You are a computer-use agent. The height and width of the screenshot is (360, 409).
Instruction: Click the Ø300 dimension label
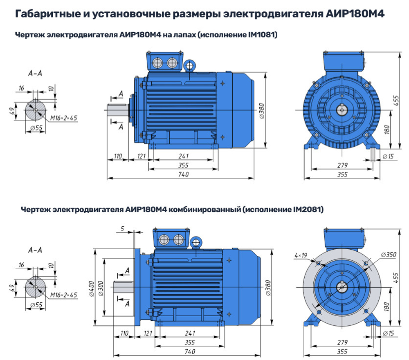click(x=100, y=288)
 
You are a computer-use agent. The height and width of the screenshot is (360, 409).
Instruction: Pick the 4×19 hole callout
click(x=300, y=256)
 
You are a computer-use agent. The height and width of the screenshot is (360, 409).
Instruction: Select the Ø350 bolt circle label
click(x=388, y=255)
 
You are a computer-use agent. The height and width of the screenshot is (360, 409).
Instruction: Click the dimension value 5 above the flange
click(x=122, y=228)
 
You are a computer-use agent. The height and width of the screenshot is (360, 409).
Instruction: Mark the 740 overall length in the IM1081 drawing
click(x=184, y=174)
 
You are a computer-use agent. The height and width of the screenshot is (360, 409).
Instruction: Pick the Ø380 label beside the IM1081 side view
click(x=262, y=110)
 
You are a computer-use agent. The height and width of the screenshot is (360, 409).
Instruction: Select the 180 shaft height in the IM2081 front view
click(x=387, y=306)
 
